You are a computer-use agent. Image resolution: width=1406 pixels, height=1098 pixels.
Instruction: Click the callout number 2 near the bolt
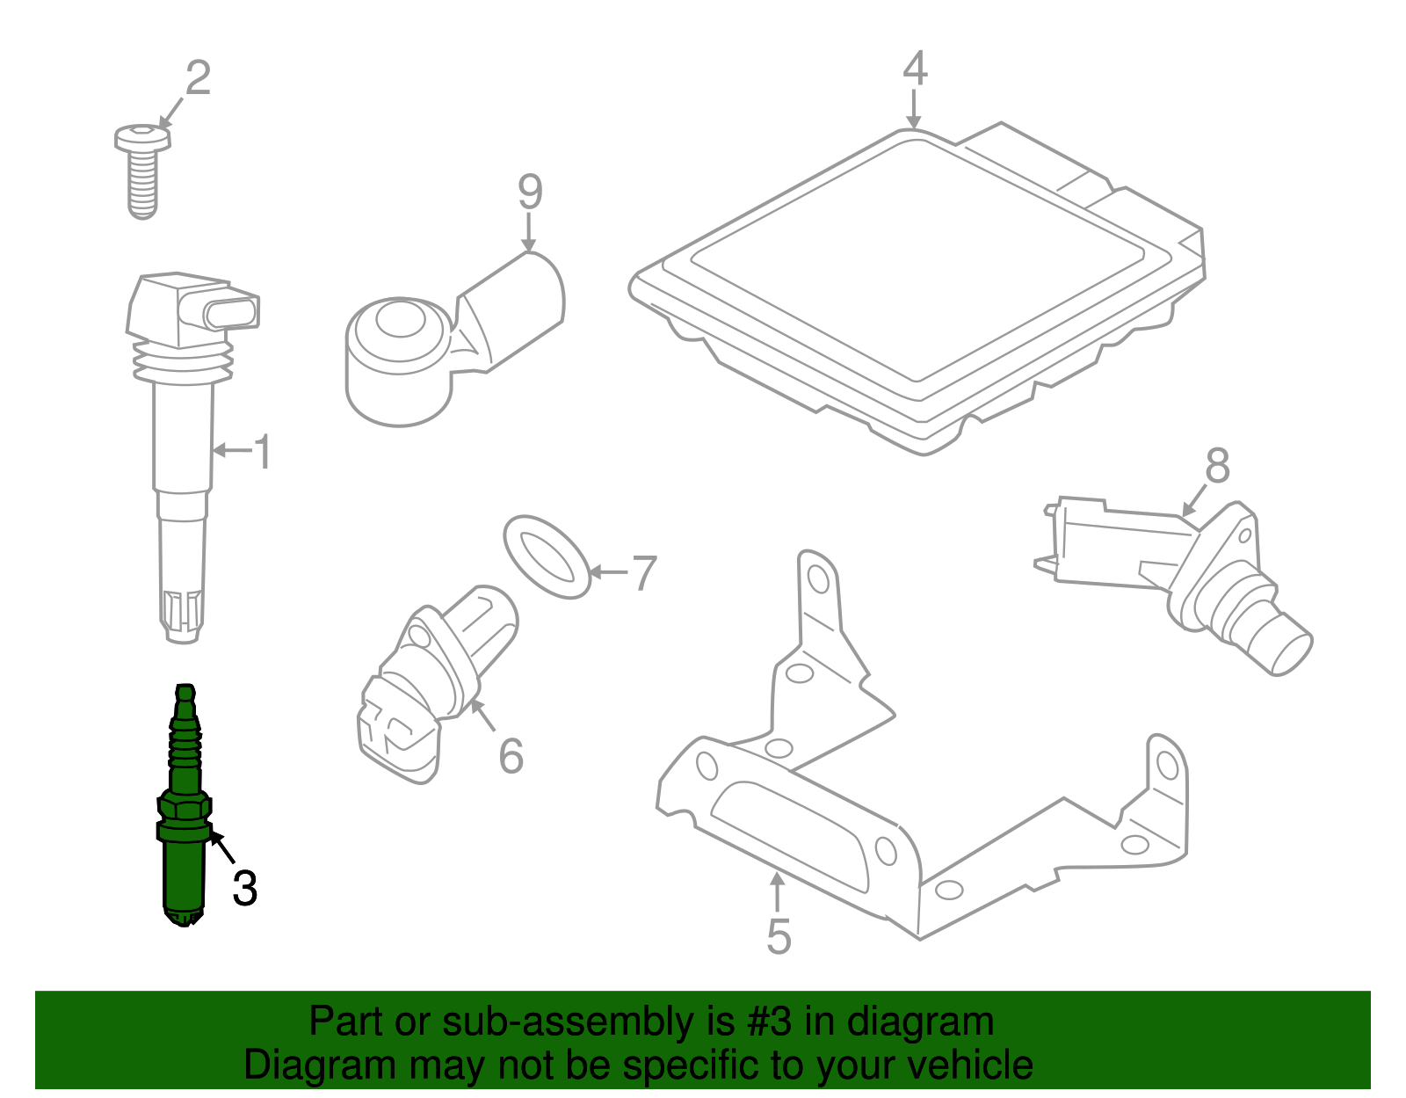pos(199,78)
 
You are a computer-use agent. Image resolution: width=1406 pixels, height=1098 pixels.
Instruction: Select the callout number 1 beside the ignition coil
pos(262,452)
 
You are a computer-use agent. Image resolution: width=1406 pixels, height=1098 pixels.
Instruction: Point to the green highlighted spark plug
pos(185,809)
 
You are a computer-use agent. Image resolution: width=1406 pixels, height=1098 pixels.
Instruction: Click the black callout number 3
pos(244,888)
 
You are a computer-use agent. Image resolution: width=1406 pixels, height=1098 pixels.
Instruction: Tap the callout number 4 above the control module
pos(915,69)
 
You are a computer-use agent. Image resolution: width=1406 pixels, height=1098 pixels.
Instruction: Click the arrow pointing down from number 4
pos(915,110)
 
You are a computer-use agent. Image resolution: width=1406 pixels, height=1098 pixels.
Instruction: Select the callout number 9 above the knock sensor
pos(530,192)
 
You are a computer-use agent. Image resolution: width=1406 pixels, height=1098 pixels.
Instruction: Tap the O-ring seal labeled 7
pos(546,557)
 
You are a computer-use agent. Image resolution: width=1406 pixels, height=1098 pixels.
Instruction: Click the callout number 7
pos(644,573)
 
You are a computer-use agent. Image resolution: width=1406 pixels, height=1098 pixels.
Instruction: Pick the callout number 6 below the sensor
pos(511,756)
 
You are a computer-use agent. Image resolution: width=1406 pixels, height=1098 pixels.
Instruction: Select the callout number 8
pos(1217,466)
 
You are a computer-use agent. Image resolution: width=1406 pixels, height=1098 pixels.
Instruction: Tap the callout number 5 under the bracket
pos(779,936)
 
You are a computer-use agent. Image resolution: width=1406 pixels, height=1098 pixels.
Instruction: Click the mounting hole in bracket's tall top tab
pos(818,579)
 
